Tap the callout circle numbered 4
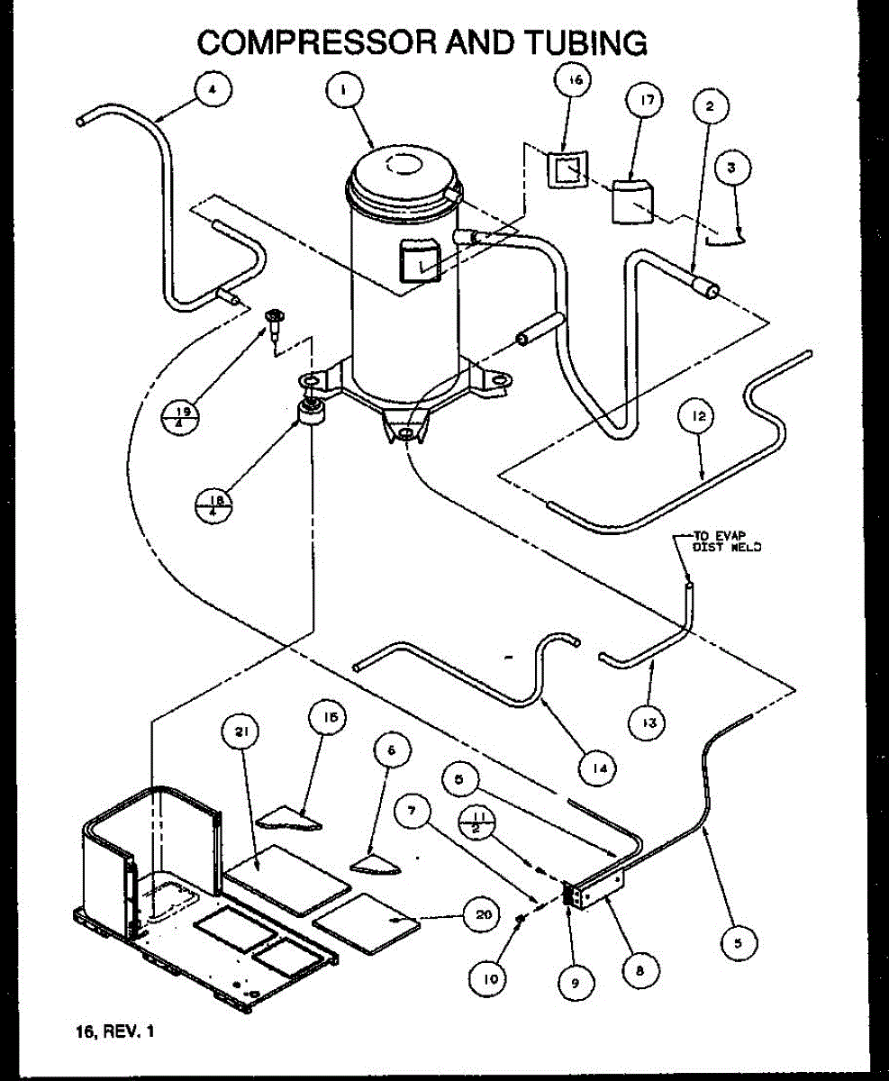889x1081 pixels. [212, 89]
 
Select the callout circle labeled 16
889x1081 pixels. [575, 80]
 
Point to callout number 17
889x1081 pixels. [645, 101]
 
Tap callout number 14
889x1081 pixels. [597, 768]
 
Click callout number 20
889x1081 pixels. [478, 915]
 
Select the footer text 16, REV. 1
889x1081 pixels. [116, 1031]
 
